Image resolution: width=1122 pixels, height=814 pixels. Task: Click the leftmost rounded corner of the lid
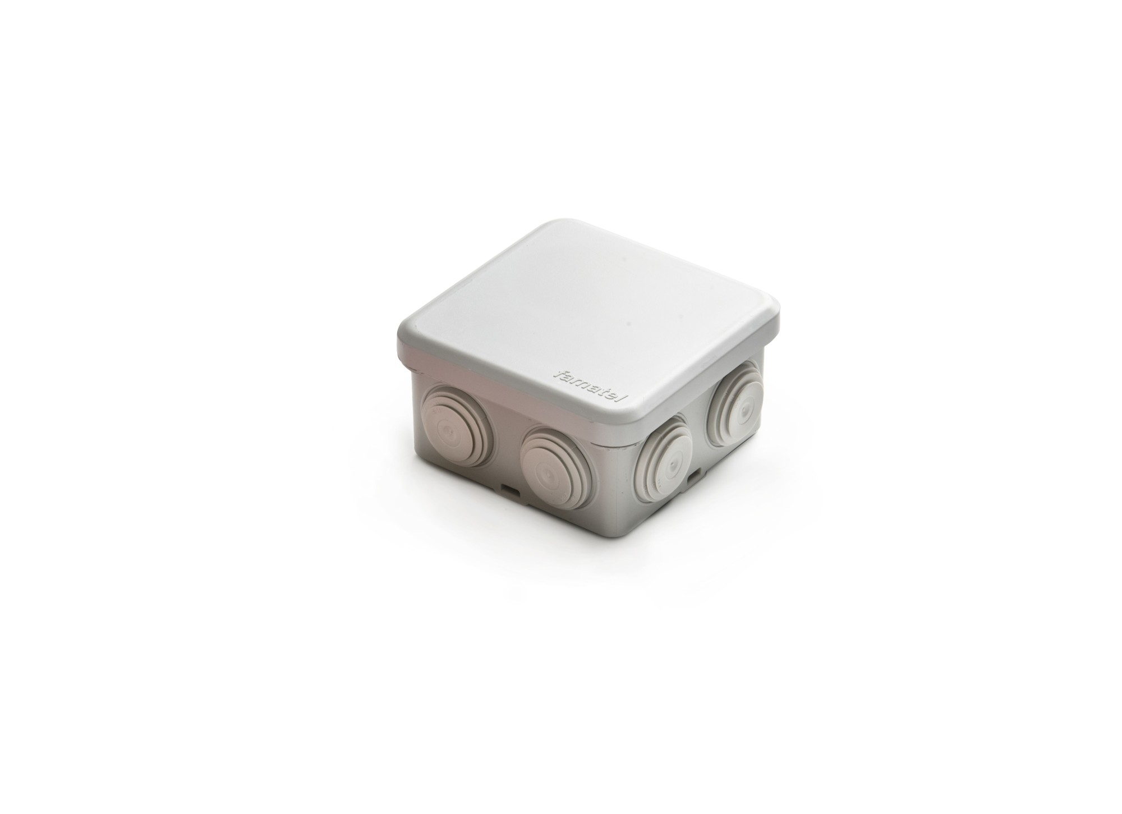click(399, 337)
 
